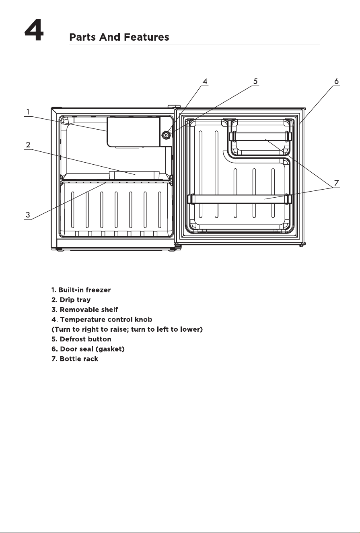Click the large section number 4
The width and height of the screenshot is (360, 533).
click(x=34, y=31)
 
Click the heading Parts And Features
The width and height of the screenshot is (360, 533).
click(x=119, y=37)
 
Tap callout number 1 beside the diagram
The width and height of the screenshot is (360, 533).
click(x=28, y=112)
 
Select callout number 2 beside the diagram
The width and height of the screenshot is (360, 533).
click(x=28, y=145)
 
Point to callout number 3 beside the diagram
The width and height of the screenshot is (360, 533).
click(x=28, y=215)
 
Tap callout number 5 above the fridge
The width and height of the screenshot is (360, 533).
click(x=255, y=81)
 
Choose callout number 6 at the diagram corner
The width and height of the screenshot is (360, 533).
click(x=336, y=81)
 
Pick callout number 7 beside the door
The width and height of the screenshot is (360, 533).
click(x=336, y=183)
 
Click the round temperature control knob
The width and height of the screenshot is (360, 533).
click(x=166, y=135)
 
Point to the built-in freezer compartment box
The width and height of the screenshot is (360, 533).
click(x=134, y=132)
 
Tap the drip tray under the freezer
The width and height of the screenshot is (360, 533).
click(x=134, y=175)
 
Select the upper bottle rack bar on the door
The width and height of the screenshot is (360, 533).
click(x=260, y=136)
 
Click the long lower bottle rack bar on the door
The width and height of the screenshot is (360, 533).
click(x=240, y=199)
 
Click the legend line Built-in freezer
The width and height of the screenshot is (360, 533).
click(x=81, y=290)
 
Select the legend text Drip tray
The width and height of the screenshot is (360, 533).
click(x=71, y=300)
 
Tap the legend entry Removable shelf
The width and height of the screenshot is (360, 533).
click(x=84, y=310)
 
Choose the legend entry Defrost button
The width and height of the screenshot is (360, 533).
click(x=81, y=339)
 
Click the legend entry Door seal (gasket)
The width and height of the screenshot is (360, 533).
click(x=88, y=349)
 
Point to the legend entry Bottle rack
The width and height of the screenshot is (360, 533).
click(x=75, y=359)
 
